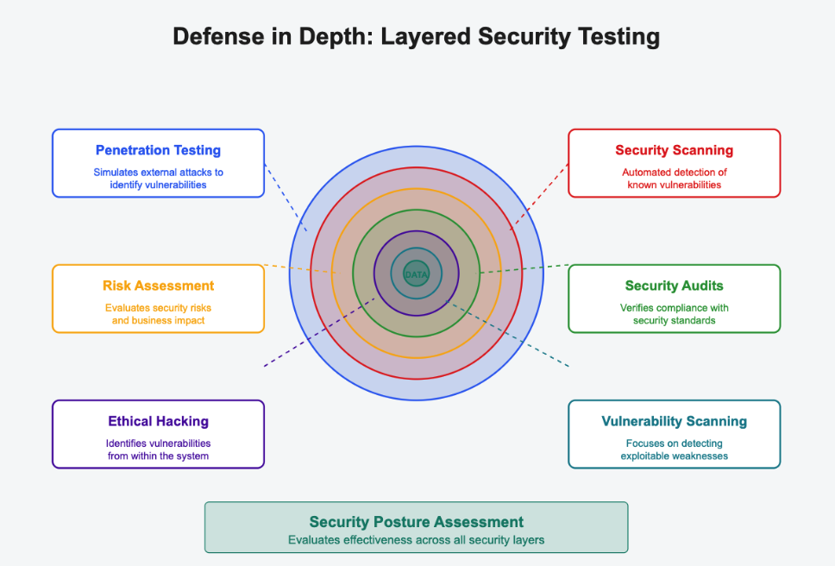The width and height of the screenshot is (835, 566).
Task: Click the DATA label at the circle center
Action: [x=416, y=274]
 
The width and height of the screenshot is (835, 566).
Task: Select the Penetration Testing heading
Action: [x=158, y=150]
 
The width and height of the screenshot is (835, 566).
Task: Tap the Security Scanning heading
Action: [x=674, y=150]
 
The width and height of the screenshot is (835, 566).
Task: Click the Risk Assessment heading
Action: [x=158, y=286]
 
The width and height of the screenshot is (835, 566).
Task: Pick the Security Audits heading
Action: [x=674, y=286]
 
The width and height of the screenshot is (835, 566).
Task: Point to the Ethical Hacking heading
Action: [x=158, y=421]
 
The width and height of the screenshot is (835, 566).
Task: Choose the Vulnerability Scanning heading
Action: [x=674, y=421]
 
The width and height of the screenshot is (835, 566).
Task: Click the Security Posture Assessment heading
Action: [x=416, y=522]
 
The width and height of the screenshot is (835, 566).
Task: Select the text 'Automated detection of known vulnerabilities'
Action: [x=674, y=179]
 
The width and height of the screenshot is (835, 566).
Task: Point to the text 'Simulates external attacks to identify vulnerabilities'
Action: [x=158, y=179]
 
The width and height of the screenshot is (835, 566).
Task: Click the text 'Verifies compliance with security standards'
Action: [x=674, y=314]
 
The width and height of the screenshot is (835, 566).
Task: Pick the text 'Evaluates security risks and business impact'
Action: [x=158, y=314]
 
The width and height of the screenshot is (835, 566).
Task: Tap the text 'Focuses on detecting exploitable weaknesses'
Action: [x=674, y=450]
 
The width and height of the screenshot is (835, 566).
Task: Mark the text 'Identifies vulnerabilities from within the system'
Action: [x=158, y=450]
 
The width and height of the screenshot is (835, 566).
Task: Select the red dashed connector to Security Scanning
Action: [x=541, y=195]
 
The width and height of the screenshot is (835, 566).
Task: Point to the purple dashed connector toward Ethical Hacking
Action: [x=319, y=332]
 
